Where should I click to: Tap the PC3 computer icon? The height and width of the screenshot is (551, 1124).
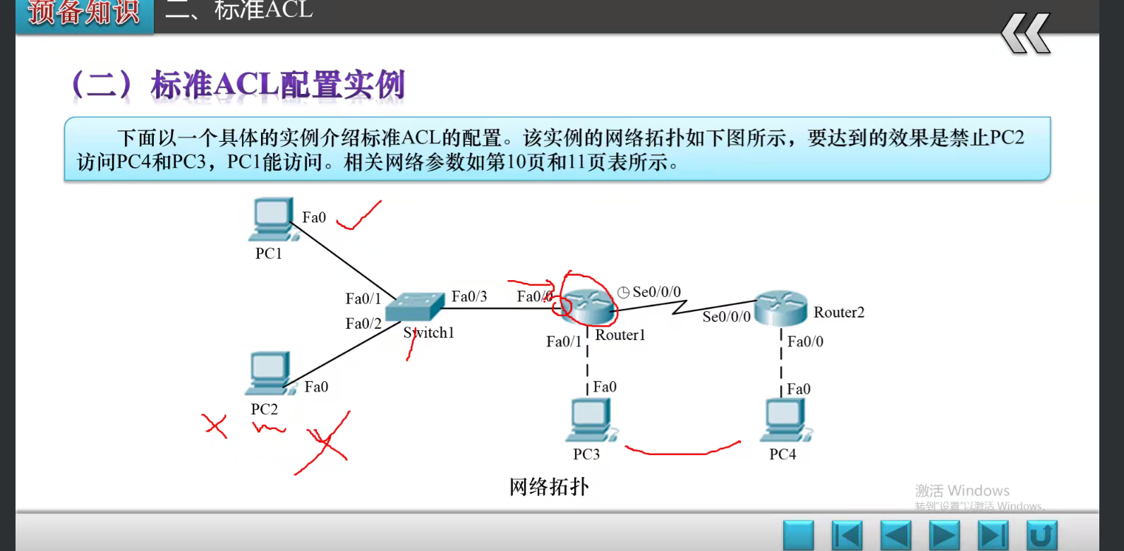pos(591,420)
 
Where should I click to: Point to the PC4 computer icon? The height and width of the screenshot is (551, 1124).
pos(785,420)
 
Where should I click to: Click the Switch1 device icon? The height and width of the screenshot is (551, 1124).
pos(415,307)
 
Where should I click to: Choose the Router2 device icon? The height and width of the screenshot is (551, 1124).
pos(780,309)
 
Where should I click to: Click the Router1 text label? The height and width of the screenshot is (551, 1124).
pos(620,335)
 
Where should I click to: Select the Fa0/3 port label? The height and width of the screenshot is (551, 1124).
pos(469,296)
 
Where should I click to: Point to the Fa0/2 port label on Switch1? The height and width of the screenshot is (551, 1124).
pos(363,323)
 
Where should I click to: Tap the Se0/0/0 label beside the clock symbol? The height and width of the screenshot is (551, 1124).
pos(656,292)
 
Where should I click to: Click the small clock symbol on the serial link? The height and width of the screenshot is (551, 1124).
pos(624,292)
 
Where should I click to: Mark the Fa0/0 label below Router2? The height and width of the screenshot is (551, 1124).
pos(805,341)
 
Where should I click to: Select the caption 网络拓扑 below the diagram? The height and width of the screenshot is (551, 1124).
pos(549,487)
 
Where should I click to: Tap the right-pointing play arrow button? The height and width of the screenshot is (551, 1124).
pos(944,535)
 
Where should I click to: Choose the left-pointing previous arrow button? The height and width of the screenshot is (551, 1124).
pos(896,535)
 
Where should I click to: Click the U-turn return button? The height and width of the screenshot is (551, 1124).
pos(1041,535)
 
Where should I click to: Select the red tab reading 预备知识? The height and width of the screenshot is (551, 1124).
pos(84,13)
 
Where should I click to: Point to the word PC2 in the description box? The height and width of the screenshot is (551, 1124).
pos(1007,137)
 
